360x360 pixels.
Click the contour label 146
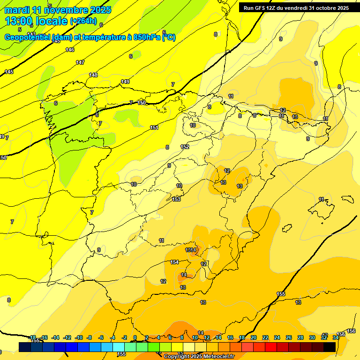(x=70, y=50)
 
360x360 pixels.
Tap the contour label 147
(x=80, y=62)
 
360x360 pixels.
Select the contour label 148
(x=93, y=75)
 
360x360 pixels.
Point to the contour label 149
(x=125, y=82)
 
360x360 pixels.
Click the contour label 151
(x=154, y=128)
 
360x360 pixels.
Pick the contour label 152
(x=185, y=147)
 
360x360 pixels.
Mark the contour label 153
(x=176, y=199)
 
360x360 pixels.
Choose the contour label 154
(x=174, y=262)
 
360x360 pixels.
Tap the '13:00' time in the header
(x=19, y=21)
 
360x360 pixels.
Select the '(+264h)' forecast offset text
(x=83, y=21)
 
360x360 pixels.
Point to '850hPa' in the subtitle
(x=146, y=37)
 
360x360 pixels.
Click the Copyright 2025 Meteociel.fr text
(x=198, y=357)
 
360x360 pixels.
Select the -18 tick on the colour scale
(x=32, y=337)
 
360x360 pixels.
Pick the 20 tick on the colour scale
(x=254, y=337)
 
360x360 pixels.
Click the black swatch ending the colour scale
(x=329, y=347)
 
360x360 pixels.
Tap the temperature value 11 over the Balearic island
(x=321, y=199)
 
